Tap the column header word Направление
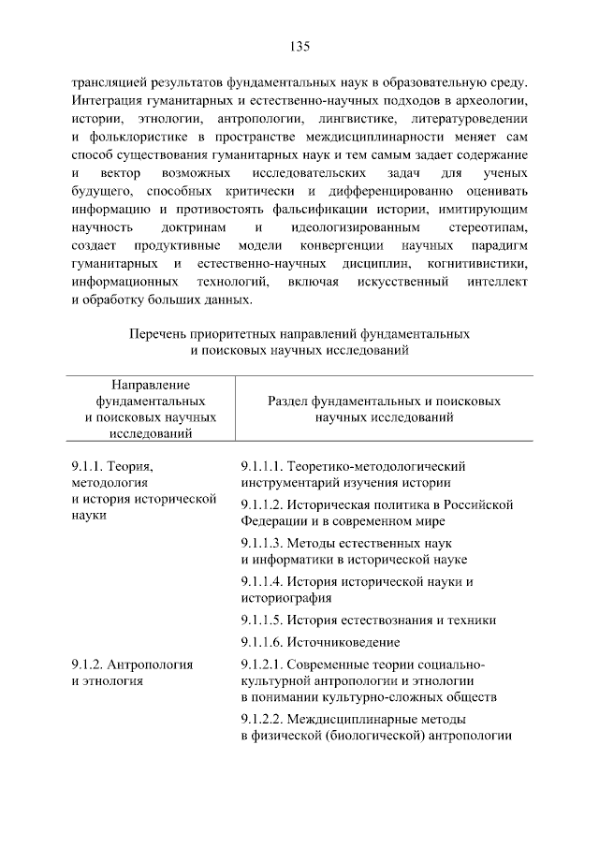tap(151, 385)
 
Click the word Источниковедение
tap(345, 642)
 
